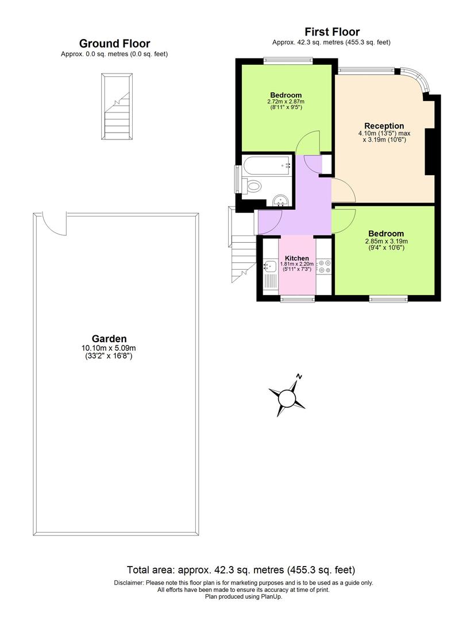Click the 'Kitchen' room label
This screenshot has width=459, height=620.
point(296,258)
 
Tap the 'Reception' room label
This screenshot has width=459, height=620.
point(384,126)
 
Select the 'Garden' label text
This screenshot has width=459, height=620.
point(109,339)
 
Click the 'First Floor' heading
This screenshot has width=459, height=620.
point(332,32)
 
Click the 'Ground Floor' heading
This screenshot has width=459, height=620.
point(114,44)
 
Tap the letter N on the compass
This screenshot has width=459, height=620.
point(299,377)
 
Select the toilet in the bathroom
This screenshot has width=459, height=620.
point(252,185)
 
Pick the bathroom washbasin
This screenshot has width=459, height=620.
point(281,199)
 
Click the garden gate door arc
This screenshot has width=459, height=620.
point(55,223)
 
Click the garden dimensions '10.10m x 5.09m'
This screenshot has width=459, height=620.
point(109,348)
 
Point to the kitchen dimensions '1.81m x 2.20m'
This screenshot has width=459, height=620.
point(296,264)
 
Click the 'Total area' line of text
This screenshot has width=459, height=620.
point(241,570)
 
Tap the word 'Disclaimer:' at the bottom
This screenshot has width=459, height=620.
point(129,583)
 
